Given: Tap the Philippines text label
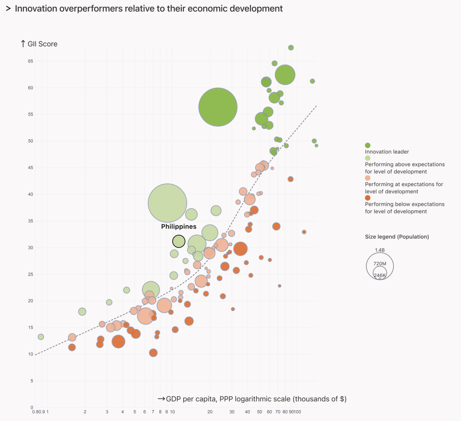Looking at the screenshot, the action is tap(179, 226).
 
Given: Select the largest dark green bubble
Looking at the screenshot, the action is tap(218, 107).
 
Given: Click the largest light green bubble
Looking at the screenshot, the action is tap(167, 203).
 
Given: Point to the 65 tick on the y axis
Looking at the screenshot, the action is tap(31, 61).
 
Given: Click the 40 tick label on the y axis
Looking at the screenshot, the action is tap(31, 194).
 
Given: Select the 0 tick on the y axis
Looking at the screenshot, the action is tap(32, 408).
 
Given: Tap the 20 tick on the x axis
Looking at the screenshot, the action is tap(210, 412).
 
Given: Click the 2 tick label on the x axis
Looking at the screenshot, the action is tap(85, 412).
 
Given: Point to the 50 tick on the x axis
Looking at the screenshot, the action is tap(259, 412).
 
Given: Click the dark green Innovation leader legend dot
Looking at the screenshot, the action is tap(367, 145).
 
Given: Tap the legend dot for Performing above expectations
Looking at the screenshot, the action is tap(367, 158).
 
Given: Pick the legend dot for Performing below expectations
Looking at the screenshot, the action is tap(367, 198).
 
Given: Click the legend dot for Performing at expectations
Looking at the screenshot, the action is tap(367, 178).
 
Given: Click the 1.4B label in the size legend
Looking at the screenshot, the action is tap(380, 250).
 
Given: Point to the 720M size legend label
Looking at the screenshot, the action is tap(380, 263).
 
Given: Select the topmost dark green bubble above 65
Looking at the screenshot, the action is tap(291, 48).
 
